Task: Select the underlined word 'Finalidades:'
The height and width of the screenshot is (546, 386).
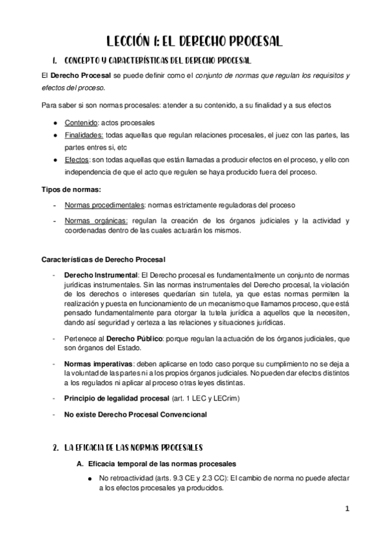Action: click(84, 135)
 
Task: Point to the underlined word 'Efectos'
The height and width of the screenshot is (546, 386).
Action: click(77, 160)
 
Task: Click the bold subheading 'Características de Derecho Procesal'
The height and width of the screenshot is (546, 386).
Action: click(103, 260)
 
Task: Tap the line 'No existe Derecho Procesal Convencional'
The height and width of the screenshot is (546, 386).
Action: click(135, 415)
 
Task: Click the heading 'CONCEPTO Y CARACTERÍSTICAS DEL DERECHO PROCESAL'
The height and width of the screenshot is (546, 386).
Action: click(157, 61)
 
